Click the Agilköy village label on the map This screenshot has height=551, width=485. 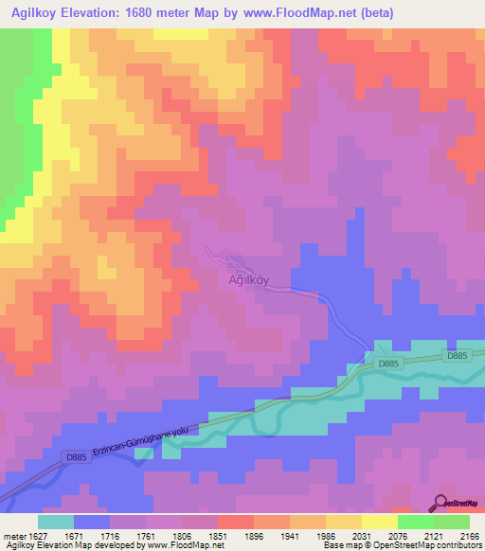(x=249, y=280)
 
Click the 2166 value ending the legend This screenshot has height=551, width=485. (x=469, y=536)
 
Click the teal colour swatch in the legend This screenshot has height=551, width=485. (x=56, y=522)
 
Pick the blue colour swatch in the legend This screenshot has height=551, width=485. (x=92, y=522)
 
